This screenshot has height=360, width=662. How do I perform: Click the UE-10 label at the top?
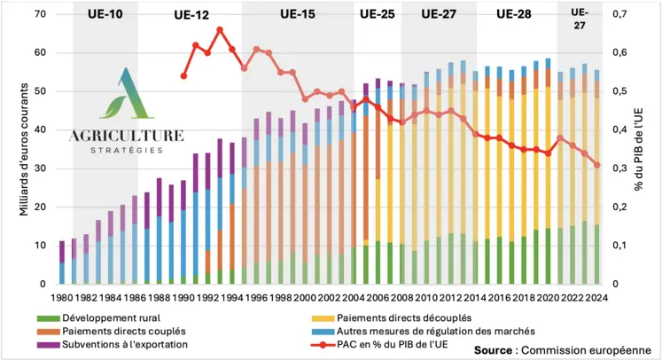click(105, 14)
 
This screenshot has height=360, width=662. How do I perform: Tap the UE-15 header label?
click(298, 14)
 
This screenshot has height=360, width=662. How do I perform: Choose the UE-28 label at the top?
click(514, 14)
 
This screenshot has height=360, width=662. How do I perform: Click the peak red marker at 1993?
click(220, 29)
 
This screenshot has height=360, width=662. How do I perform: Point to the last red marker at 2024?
click(596, 165)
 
